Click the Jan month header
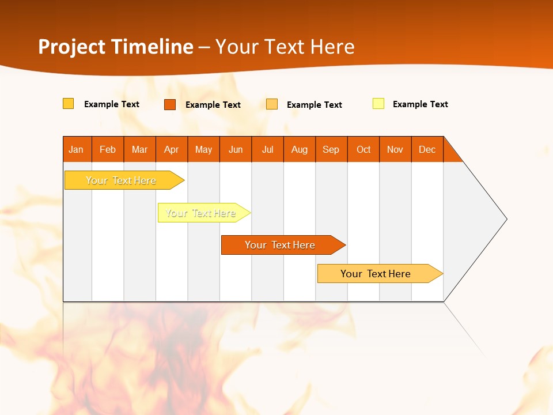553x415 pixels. [77, 149]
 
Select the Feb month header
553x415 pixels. [108, 149]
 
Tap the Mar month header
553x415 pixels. [139, 149]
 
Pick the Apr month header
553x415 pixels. [172, 149]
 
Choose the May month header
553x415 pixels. [203, 149]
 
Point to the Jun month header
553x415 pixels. [236, 149]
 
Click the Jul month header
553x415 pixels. [267, 149]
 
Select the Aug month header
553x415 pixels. [300, 149]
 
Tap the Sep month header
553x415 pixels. [331, 149]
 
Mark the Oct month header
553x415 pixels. [363, 149]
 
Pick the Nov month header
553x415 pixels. [395, 149]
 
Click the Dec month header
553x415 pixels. [427, 149]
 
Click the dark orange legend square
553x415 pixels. [170, 104]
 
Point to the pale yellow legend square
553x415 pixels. [378, 104]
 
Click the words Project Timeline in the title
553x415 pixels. [116, 47]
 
